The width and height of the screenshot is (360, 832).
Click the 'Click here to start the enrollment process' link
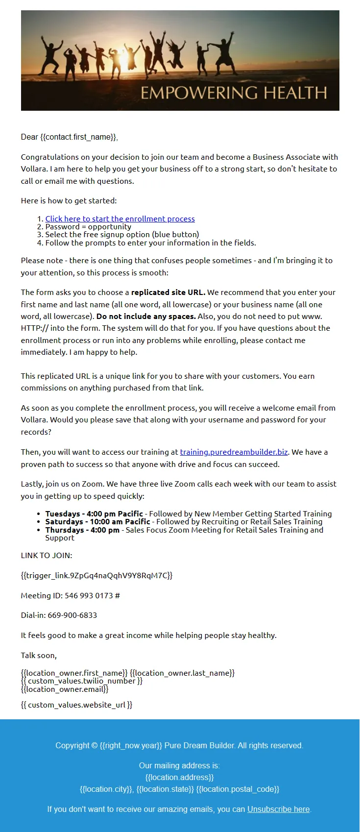(x=120, y=219)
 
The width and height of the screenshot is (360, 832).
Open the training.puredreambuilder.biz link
(x=234, y=452)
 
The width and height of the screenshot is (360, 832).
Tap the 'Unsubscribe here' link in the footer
(x=278, y=809)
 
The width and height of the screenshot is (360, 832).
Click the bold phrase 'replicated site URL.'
(x=168, y=292)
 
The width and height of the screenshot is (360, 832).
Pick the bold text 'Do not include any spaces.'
(x=146, y=316)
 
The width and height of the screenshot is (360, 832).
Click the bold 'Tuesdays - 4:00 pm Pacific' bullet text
(x=94, y=514)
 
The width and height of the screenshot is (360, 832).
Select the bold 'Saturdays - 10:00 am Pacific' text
(x=97, y=521)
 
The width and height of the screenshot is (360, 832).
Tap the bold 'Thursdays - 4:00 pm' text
(x=82, y=530)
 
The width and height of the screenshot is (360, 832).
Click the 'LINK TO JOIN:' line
(x=47, y=555)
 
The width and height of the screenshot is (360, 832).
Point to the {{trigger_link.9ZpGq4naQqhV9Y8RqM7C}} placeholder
(x=96, y=575)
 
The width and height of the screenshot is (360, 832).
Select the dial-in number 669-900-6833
(x=72, y=615)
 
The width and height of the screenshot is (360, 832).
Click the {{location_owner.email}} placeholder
(x=65, y=689)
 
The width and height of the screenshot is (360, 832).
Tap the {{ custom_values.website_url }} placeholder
(x=76, y=705)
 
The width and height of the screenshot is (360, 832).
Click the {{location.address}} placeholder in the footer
(x=180, y=777)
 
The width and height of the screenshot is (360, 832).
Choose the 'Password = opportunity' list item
(x=88, y=226)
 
